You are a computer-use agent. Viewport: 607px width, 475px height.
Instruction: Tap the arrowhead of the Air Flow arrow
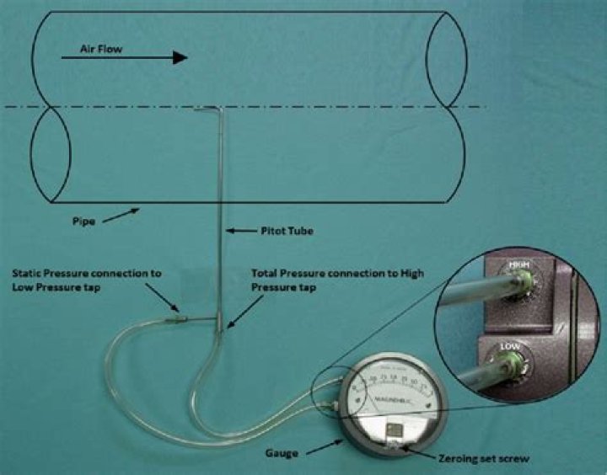(x=179, y=57)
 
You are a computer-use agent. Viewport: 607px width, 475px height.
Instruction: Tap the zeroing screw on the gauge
(x=392, y=447)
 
